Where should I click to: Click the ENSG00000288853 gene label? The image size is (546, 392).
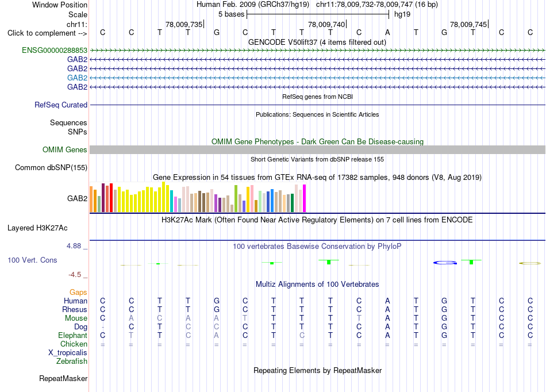click(x=55, y=50)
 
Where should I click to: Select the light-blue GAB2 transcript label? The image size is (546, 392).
click(x=78, y=78)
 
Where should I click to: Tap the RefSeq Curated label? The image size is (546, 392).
click(x=61, y=105)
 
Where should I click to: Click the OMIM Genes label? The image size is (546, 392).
click(x=65, y=149)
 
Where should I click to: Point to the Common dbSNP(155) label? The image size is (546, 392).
click(x=51, y=167)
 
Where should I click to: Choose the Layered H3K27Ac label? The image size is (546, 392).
click(x=37, y=228)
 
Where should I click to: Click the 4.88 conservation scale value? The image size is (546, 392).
click(x=74, y=246)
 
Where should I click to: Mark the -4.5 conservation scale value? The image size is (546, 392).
click(x=75, y=275)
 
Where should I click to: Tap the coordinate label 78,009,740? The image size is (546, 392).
click(x=326, y=24)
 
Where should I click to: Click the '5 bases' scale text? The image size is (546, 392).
click(x=232, y=14)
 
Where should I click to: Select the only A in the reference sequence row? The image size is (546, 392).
click(x=387, y=32)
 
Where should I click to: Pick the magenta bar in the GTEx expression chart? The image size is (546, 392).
click(x=305, y=198)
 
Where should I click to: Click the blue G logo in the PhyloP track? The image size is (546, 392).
click(x=445, y=263)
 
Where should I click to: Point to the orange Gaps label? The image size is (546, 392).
click(x=78, y=292)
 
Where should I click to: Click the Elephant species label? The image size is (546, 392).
click(x=73, y=335)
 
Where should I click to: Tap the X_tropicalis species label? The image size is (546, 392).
click(x=68, y=352)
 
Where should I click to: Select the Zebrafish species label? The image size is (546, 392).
click(x=72, y=361)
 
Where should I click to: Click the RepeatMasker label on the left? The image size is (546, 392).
click(x=63, y=378)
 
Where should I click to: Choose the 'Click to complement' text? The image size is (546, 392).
click(x=41, y=33)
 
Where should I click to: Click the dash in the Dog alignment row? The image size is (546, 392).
click(x=103, y=327)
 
